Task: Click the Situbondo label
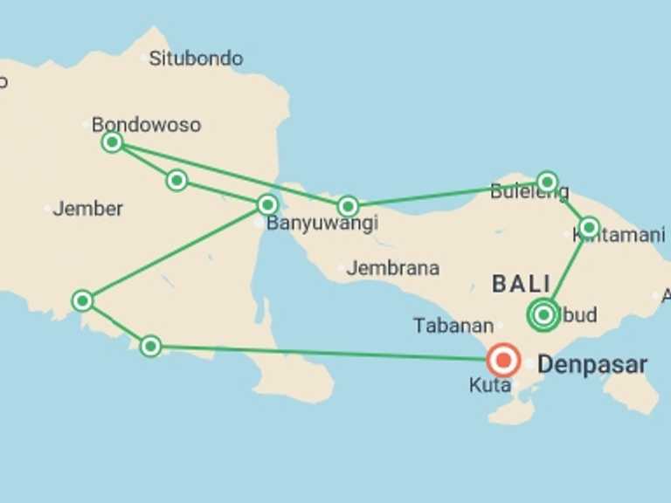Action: [x=196, y=59]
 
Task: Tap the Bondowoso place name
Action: [x=146, y=124]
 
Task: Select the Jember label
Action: [x=87, y=209]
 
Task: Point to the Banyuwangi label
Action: [x=322, y=223]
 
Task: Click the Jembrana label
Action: [x=392, y=268]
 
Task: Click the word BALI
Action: [x=522, y=283]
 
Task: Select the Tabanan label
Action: [x=453, y=326]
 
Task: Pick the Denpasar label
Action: [x=592, y=364]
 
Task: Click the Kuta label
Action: [x=489, y=385]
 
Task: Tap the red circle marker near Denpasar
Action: [x=503, y=360]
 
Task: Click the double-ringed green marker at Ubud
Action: [x=543, y=314]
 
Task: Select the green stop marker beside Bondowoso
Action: [x=112, y=141]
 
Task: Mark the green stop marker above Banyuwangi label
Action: [x=267, y=204]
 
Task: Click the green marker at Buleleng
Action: [x=547, y=182]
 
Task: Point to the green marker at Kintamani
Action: [x=589, y=228]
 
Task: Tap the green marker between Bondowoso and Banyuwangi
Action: [x=176, y=180]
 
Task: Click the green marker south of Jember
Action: [x=82, y=300]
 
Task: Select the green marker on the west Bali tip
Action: [x=348, y=206]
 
